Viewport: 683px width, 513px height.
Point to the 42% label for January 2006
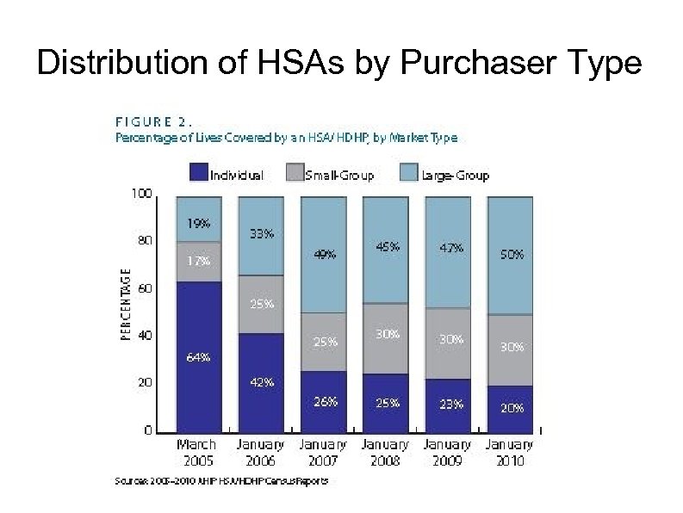click(262, 382)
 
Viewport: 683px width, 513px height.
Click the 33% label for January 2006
click(262, 233)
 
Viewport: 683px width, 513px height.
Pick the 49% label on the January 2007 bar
click(325, 254)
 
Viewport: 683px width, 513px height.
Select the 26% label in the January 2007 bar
click(325, 401)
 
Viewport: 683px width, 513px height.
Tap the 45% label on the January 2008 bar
click(388, 245)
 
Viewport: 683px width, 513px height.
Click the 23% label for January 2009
click(450, 403)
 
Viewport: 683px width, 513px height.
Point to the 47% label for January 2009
click(450, 247)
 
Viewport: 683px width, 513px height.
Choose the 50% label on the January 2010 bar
click(512, 255)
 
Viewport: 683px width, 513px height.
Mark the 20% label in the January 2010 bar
click(512, 408)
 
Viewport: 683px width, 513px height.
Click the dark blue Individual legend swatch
click(198, 175)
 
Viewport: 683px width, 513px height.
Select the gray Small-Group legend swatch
click(294, 175)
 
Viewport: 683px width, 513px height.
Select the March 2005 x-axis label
click(196, 452)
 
